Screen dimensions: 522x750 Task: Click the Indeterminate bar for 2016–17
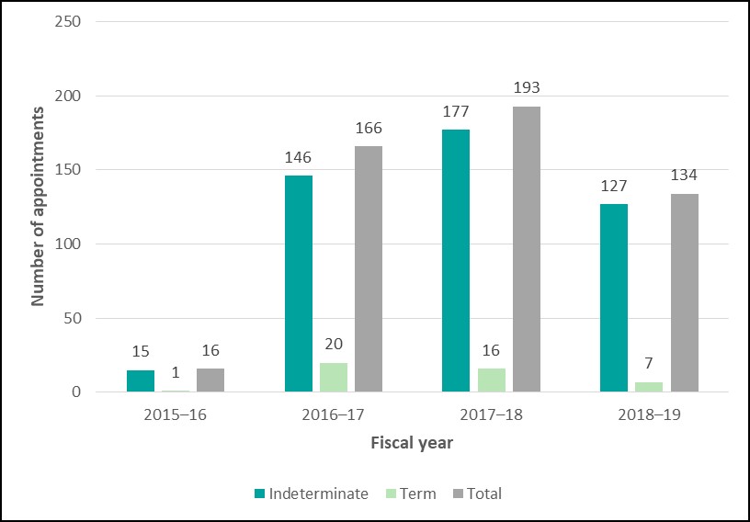click(299, 284)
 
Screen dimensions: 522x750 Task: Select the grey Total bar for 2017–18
click(527, 249)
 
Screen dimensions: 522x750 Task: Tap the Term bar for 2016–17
click(334, 378)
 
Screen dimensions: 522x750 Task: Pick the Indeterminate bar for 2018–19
click(614, 298)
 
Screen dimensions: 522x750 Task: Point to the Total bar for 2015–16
click(210, 380)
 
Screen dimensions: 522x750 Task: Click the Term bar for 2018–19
click(649, 387)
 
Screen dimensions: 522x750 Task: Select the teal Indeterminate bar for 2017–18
click(456, 261)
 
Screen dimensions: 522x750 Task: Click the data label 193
click(527, 88)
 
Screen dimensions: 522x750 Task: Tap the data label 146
click(299, 158)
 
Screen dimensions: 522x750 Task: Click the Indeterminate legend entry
click(312, 494)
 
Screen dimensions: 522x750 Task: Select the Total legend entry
click(478, 494)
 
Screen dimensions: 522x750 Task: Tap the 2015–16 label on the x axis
click(176, 414)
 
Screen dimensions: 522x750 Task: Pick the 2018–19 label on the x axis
click(649, 414)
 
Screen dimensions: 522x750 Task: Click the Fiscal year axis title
click(412, 443)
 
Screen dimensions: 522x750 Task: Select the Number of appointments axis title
click(39, 207)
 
